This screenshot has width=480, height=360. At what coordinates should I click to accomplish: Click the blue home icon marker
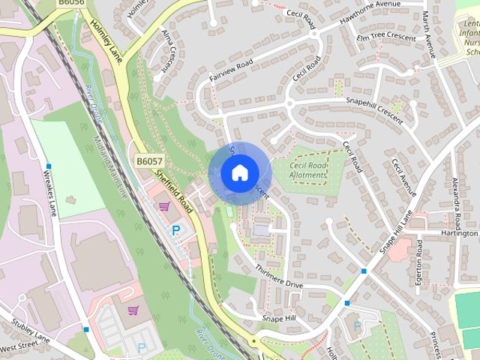[x=238, y=173]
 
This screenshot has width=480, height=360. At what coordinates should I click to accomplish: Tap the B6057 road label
[x=150, y=161]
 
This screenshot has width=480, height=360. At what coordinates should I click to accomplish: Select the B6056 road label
[x=71, y=4]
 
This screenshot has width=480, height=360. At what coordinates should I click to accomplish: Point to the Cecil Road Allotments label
[x=307, y=170]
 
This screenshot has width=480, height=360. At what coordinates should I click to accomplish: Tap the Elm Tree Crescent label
[x=385, y=34]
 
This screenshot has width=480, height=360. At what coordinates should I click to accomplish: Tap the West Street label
[x=18, y=349]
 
